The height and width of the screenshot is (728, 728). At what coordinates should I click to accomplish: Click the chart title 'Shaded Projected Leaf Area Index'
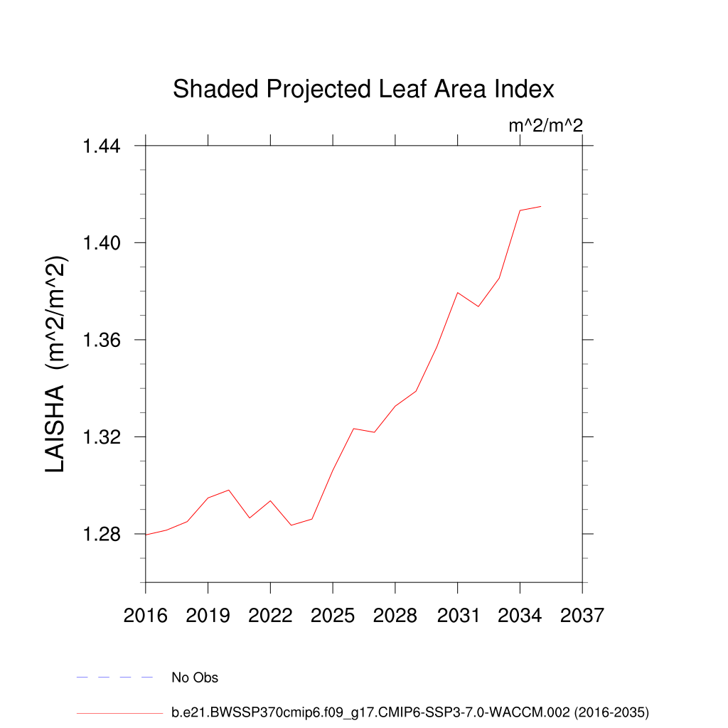pyautogui.click(x=363, y=90)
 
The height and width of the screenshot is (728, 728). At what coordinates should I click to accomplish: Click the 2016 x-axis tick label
pyautogui.click(x=145, y=615)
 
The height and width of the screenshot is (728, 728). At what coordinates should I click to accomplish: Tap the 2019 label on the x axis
pyautogui.click(x=208, y=615)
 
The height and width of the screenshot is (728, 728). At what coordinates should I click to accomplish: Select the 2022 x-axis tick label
pyautogui.click(x=270, y=615)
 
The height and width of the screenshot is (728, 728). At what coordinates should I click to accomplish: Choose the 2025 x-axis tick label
pyautogui.click(x=333, y=615)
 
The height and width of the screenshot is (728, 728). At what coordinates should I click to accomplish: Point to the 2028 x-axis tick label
pyautogui.click(x=395, y=615)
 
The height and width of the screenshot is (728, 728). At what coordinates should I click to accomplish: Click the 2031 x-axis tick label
pyautogui.click(x=458, y=615)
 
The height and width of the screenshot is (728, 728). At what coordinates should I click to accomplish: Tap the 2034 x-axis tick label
pyautogui.click(x=520, y=615)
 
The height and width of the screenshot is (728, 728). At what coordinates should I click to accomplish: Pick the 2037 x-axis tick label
pyautogui.click(x=582, y=615)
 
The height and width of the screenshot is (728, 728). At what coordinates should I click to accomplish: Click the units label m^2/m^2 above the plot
pyautogui.click(x=545, y=126)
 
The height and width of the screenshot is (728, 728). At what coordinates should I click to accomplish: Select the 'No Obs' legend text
pyautogui.click(x=195, y=678)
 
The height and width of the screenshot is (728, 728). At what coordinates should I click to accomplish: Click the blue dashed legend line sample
pyautogui.click(x=115, y=678)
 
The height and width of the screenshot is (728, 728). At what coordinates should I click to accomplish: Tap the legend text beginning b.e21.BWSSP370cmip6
pyautogui.click(x=410, y=712)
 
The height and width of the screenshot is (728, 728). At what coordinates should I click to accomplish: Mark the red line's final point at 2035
pyautogui.click(x=541, y=206)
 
